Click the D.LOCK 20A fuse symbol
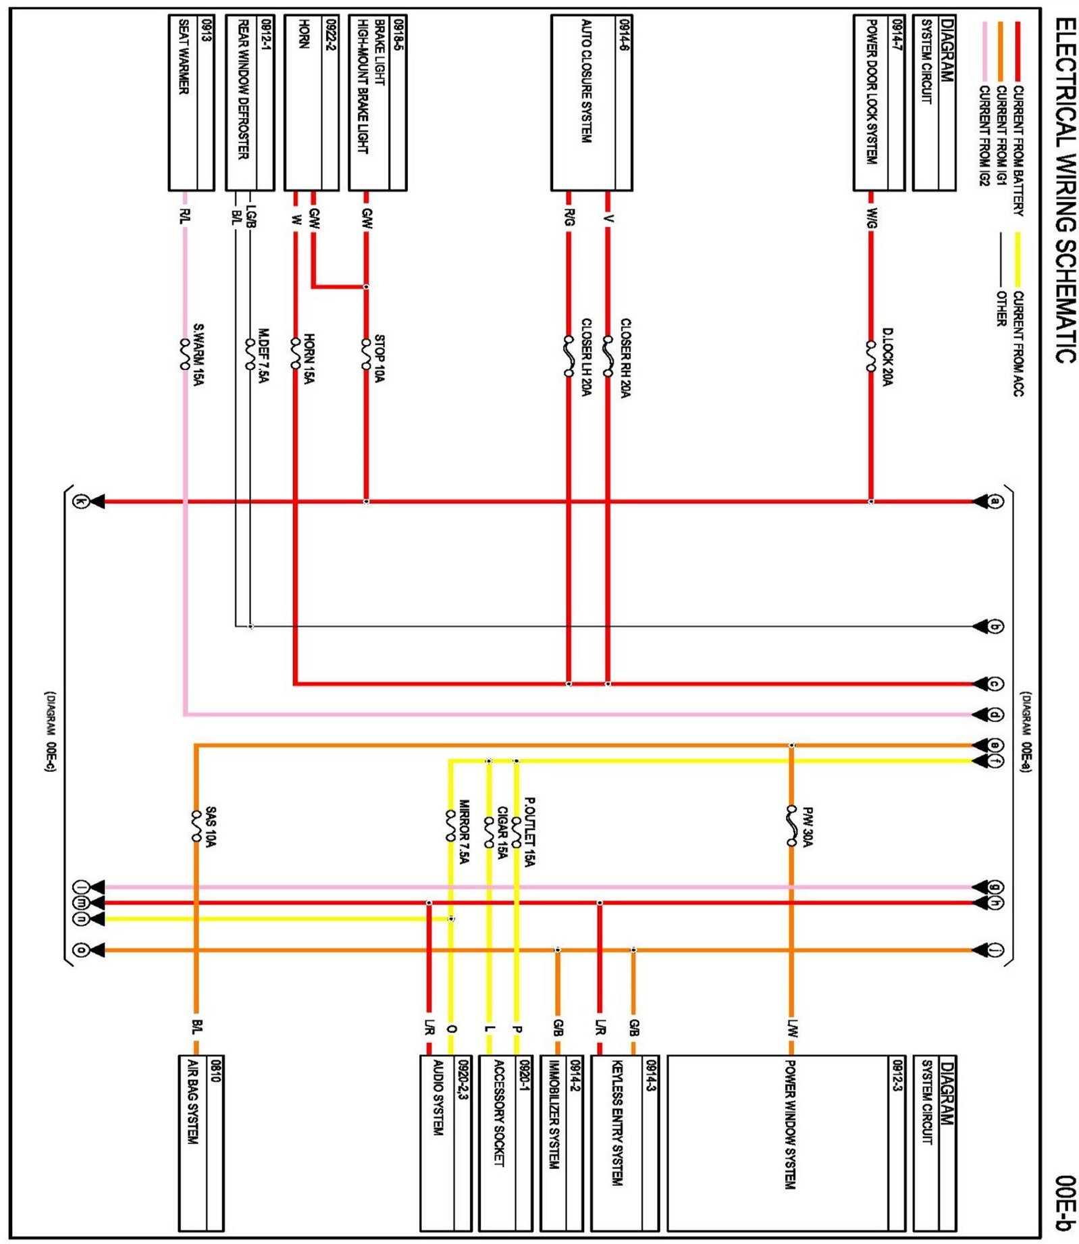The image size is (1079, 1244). tap(870, 357)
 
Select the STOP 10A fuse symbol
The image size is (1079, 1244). tap(366, 354)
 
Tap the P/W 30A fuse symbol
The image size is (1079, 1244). tap(791, 825)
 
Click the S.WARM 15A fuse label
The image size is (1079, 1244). tap(199, 354)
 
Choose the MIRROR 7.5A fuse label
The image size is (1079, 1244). tap(464, 831)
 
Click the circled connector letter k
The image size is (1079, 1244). tap(80, 502)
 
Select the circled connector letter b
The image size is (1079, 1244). tap(995, 627)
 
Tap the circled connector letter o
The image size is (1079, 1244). tap(80, 950)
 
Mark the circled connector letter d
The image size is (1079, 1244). tap(995, 715)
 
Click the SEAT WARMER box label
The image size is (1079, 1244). tap(184, 57)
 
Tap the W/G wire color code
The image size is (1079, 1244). tap(872, 218)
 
